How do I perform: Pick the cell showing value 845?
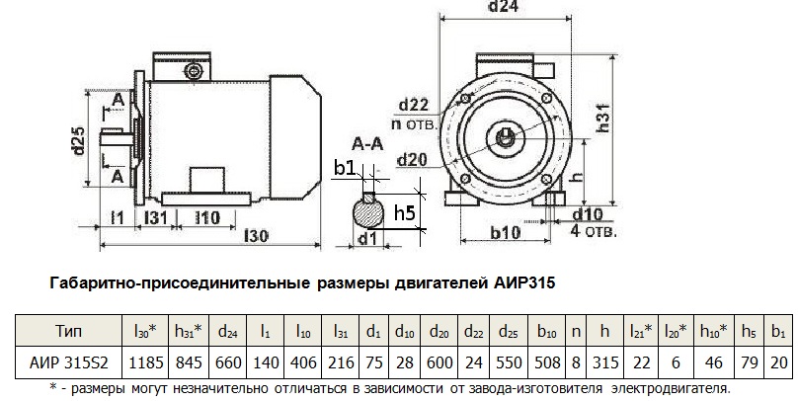point(189,362)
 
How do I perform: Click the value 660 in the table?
point(228,362)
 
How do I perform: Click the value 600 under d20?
point(440,362)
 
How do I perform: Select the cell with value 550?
point(512,362)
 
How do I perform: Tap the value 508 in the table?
point(548,362)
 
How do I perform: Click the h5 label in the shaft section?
point(403,211)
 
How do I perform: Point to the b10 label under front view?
point(504,233)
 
